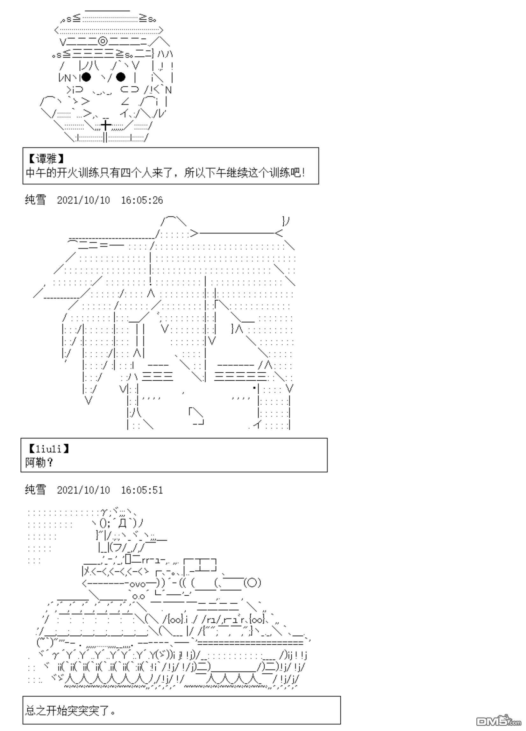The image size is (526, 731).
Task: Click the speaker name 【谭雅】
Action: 46,159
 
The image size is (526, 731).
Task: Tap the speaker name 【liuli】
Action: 49,449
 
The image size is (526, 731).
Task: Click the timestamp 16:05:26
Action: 142,200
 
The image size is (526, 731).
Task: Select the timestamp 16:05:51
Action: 142,490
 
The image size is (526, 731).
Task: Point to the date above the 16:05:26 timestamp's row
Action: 83,200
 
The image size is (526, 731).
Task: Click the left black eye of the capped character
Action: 86,77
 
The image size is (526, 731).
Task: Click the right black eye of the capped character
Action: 120,77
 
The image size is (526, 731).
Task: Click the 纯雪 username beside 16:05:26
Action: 35,200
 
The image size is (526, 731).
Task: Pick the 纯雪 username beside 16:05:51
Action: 35,490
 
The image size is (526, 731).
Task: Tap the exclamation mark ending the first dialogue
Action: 303,173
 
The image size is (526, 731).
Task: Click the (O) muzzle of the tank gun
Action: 252,583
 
